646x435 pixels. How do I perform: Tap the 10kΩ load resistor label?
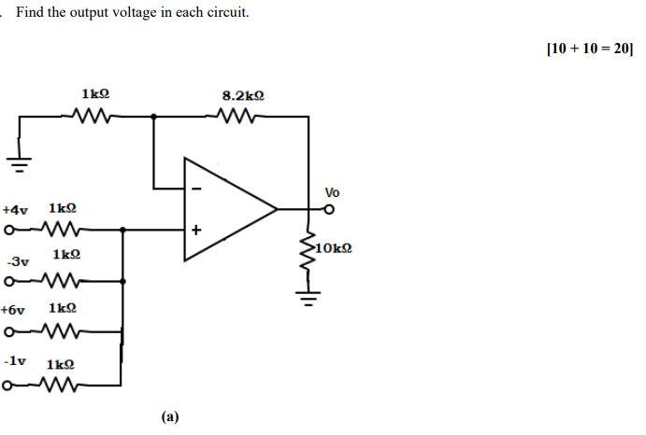333,247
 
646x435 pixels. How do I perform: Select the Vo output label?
333,192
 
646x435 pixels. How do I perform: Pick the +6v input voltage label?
16,308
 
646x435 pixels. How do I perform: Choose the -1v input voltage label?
15,359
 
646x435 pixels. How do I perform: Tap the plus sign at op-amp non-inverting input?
196,229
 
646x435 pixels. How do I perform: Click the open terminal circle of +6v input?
8,330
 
